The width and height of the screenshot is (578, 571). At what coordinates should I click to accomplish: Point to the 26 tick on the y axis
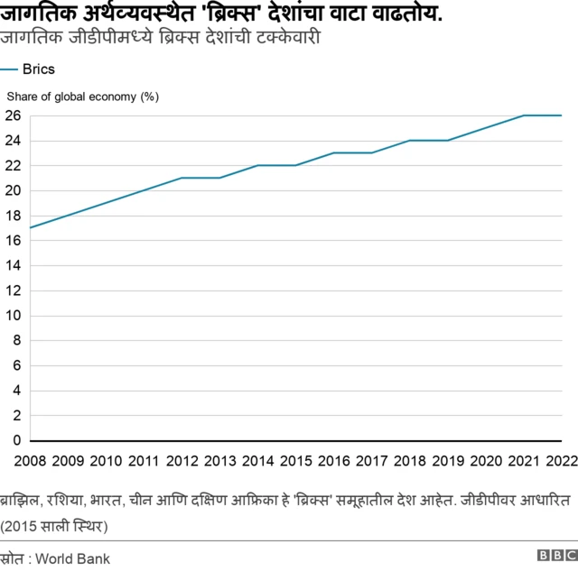(12, 115)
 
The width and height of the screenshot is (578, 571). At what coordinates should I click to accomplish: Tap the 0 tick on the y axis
(15, 441)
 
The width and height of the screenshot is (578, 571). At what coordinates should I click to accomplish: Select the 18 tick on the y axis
(12, 216)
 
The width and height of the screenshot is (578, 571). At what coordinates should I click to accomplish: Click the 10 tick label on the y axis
(12, 316)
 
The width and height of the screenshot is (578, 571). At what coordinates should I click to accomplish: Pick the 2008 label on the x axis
(30, 462)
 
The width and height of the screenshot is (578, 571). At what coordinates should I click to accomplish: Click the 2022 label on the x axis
(561, 462)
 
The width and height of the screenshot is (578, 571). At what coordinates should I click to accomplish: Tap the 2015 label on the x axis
(296, 462)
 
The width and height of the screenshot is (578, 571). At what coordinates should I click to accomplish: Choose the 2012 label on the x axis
(182, 462)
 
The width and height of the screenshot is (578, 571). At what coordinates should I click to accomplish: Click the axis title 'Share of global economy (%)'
(83, 97)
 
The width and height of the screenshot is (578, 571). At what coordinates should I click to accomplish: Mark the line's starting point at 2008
(31, 227)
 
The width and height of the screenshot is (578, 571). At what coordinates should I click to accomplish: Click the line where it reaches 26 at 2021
(524, 115)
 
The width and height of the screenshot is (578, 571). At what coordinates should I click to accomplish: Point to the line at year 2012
(182, 178)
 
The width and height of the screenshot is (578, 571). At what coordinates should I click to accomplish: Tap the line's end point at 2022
(562, 115)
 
